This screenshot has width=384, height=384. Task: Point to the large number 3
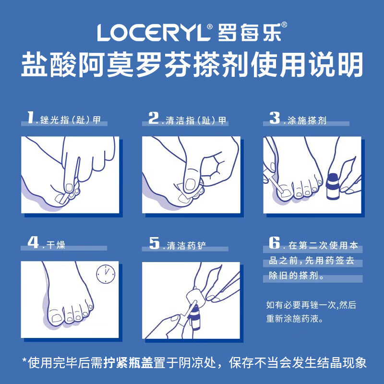coord(275,118)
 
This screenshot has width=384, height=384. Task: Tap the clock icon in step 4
coord(106,274)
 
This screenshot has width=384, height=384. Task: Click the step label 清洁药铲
coord(185,245)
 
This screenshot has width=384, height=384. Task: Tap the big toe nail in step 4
coord(56,318)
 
